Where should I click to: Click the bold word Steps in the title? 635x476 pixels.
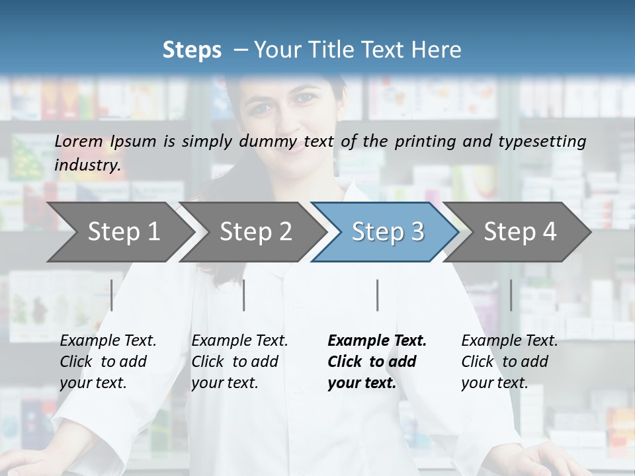pos(192,50)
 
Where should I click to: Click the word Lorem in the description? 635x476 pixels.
pos(79,141)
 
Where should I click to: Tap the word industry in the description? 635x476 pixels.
pos(87,165)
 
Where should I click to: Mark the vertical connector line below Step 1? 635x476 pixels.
pos(112,295)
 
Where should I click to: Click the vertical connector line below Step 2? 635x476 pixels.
pos(244,295)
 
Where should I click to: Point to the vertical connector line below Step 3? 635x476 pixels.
pos(378,295)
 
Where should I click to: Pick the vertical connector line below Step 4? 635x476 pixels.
pos(511,295)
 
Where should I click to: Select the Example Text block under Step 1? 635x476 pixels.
pos(108,362)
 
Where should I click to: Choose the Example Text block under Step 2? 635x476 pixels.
pos(239,362)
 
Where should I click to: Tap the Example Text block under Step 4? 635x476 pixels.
pos(509,362)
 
